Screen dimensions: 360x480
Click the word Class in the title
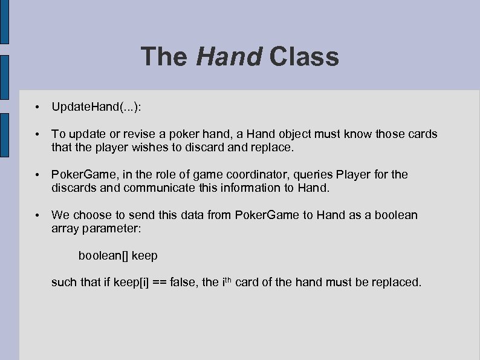point(304,57)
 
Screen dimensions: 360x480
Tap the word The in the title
point(164,57)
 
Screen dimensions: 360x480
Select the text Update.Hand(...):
point(97,107)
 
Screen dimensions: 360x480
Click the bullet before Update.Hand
point(37,108)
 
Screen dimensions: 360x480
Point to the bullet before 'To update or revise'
point(37,134)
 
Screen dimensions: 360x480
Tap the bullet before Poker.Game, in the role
point(37,175)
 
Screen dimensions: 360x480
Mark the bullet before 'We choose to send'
point(37,215)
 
